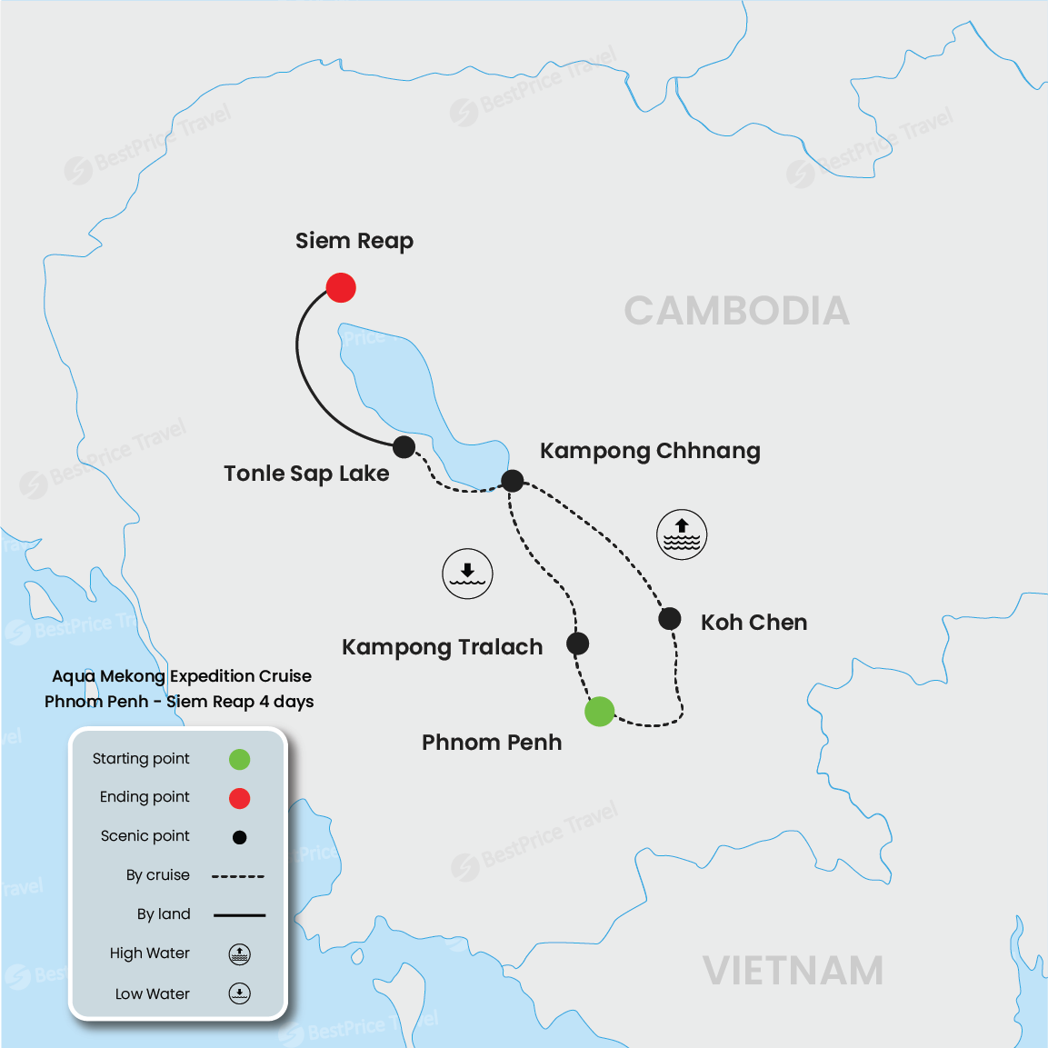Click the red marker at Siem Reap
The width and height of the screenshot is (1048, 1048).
pyautogui.click(x=341, y=287)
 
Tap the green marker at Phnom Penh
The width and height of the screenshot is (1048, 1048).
pyautogui.click(x=600, y=712)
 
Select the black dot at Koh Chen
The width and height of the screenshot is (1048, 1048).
pyautogui.click(x=670, y=619)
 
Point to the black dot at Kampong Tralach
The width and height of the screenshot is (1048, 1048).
pyautogui.click(x=578, y=644)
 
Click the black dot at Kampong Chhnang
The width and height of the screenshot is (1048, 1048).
pyautogui.click(x=513, y=481)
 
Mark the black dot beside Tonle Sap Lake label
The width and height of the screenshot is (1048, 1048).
pyautogui.click(x=404, y=446)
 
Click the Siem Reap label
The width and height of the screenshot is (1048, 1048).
pyautogui.click(x=354, y=241)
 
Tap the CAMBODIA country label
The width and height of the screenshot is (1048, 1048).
pyautogui.click(x=736, y=311)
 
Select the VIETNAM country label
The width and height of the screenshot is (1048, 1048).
pyautogui.click(x=793, y=971)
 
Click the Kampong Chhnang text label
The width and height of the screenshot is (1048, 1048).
pyautogui.click(x=650, y=451)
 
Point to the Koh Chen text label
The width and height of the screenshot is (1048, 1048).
pyautogui.click(x=754, y=623)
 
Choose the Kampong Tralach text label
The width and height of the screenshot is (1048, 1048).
pyautogui.click(x=442, y=647)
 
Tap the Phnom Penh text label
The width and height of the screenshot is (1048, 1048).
pyautogui.click(x=492, y=743)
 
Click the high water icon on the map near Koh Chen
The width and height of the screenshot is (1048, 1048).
pyautogui.click(x=682, y=534)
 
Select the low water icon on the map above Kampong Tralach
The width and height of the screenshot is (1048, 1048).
pyautogui.click(x=467, y=574)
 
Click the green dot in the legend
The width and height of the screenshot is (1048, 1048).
pyautogui.click(x=239, y=759)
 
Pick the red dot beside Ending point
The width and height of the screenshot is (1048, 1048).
pyautogui.click(x=239, y=798)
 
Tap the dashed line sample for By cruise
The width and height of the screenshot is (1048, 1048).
pyautogui.click(x=238, y=876)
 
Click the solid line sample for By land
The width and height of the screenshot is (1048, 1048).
pyautogui.click(x=239, y=915)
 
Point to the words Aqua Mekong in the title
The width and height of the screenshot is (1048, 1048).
pyautogui.click(x=109, y=676)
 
